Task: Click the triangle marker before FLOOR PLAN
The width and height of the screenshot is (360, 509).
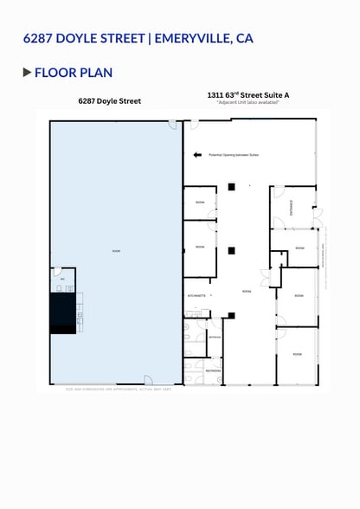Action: tap(27, 72)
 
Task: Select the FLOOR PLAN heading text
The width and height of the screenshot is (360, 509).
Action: tap(74, 72)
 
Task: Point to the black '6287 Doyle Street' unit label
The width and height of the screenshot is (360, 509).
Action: tap(109, 101)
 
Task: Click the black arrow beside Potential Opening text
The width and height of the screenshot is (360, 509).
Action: tap(198, 154)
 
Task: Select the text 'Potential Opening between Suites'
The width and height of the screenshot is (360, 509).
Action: tap(234, 155)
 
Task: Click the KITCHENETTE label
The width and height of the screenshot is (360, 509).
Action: tap(196, 295)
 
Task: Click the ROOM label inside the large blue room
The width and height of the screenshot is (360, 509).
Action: tap(116, 251)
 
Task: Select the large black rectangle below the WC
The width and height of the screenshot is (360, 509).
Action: tap(63, 312)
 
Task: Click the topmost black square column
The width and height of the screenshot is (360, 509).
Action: tap(231, 186)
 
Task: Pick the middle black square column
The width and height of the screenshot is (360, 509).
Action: tap(231, 251)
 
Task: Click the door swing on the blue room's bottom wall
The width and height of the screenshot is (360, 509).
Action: tap(149, 379)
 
